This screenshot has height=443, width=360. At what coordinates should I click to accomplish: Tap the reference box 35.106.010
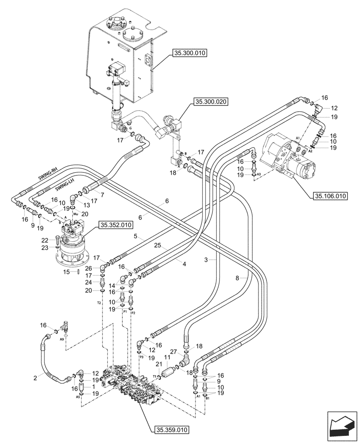coord(330,196)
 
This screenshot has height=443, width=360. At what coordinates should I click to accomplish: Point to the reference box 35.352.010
coord(116,225)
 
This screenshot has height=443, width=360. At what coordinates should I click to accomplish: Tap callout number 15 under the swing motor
coord(67,271)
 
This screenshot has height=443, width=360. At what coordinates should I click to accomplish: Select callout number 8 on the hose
coord(239,278)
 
